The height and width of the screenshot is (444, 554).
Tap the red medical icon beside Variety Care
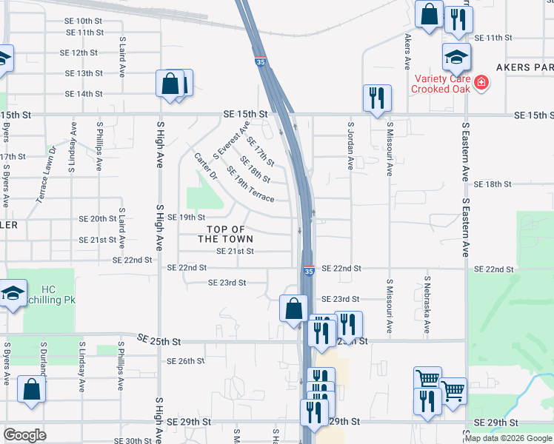click(481, 82)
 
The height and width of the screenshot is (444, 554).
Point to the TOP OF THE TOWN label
click(226, 234)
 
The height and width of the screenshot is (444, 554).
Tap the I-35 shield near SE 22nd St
click(308, 273)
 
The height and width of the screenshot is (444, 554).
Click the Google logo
click(24, 435)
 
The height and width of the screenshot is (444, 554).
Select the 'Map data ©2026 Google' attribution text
click(508, 437)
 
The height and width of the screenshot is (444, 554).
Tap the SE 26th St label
click(185, 361)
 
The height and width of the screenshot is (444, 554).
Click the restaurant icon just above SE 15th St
click(377, 97)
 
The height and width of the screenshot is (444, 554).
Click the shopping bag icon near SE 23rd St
click(294, 308)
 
